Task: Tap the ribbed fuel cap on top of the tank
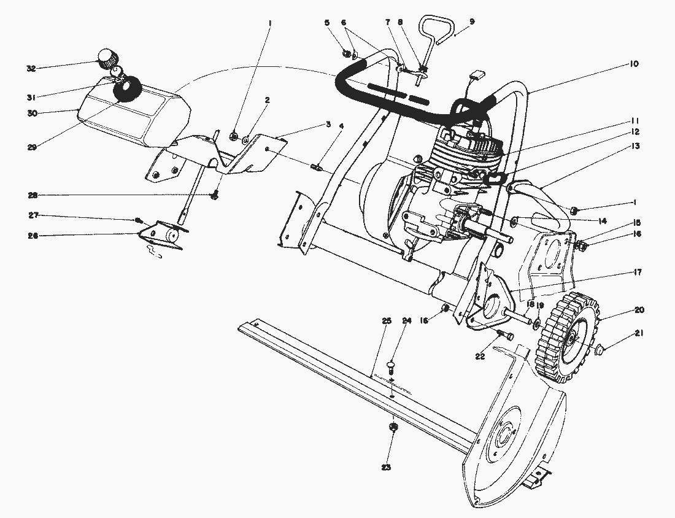pos(107,60)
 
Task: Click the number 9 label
pos(471,21)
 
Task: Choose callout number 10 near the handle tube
pos(634,64)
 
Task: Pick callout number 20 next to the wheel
pos(639,310)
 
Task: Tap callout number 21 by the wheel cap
pos(639,334)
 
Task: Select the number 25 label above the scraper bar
pos(387,321)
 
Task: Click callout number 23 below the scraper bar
pos(385,468)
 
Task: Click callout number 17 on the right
pos(638,272)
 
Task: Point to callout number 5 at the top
pos(327,23)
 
